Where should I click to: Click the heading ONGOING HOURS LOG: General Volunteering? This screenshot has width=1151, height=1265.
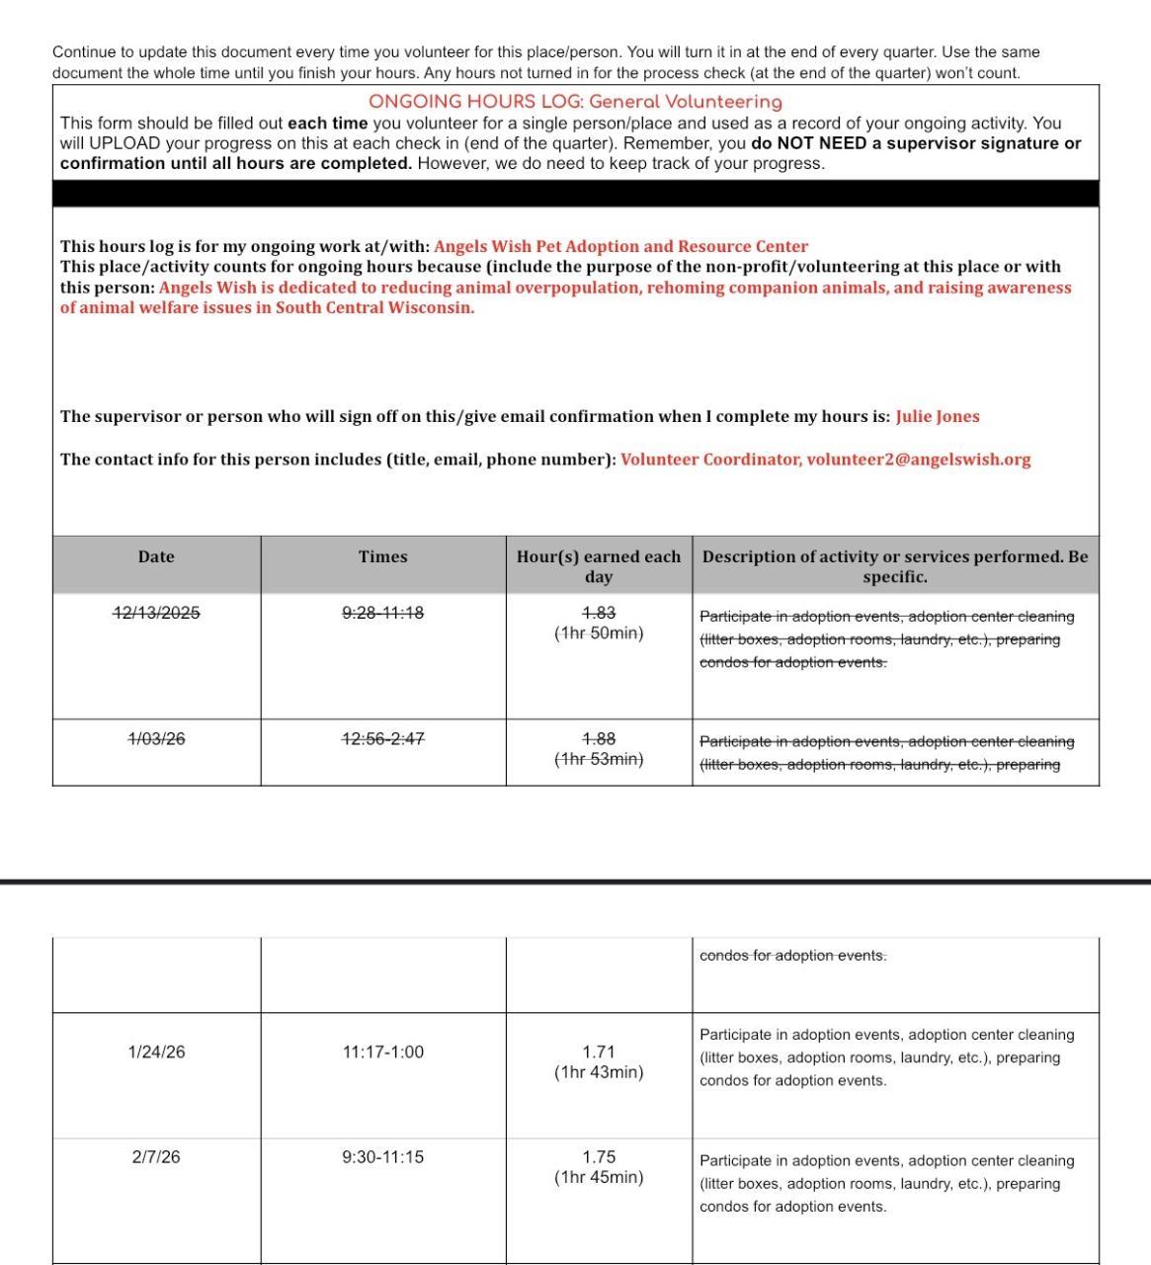[x=575, y=102]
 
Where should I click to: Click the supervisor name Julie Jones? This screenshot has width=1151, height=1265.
[x=937, y=416]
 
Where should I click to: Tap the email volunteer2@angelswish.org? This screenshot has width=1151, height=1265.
[x=918, y=460]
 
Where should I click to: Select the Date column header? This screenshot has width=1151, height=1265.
[x=156, y=556]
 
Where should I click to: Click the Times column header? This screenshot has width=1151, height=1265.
[x=382, y=556]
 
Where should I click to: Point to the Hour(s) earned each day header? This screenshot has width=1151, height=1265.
[x=598, y=566]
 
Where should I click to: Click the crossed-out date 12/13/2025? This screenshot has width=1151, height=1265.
[x=156, y=613]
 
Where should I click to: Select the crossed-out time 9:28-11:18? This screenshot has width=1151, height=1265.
[x=382, y=613]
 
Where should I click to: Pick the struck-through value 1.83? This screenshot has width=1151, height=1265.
[x=598, y=613]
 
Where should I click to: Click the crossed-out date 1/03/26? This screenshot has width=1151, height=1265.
[x=156, y=738]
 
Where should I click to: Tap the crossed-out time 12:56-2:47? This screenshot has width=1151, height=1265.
[x=382, y=738]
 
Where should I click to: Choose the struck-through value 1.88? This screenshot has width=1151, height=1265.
[x=598, y=738]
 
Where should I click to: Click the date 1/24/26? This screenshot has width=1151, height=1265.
[x=156, y=1052]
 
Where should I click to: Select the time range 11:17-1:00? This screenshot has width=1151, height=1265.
[x=382, y=1052]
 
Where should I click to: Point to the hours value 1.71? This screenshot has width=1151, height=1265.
[x=598, y=1052]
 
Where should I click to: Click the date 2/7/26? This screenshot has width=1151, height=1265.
[x=156, y=1156]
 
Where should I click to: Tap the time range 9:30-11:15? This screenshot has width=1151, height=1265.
[x=382, y=1156]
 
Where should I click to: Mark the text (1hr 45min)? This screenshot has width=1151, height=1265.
[x=598, y=1177]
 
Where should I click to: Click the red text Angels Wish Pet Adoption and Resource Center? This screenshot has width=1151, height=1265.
[x=620, y=246]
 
